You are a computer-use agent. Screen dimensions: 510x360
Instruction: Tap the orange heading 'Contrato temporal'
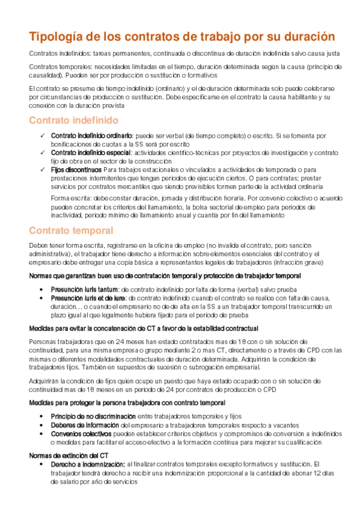71,230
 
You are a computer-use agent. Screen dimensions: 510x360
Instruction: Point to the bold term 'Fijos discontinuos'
76,170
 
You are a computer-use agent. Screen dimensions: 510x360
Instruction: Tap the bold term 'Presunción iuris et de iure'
88,298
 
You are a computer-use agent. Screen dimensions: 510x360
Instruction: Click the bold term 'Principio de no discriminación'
93,416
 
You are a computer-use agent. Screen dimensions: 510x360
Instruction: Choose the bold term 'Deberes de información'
83,425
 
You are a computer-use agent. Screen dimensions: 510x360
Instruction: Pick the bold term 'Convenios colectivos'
81,433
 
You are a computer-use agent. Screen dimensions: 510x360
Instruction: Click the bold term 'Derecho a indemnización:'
87,464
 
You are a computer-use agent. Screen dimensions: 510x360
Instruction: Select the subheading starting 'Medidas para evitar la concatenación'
144,328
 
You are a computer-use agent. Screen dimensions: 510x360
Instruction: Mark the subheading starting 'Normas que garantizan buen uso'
165,275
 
